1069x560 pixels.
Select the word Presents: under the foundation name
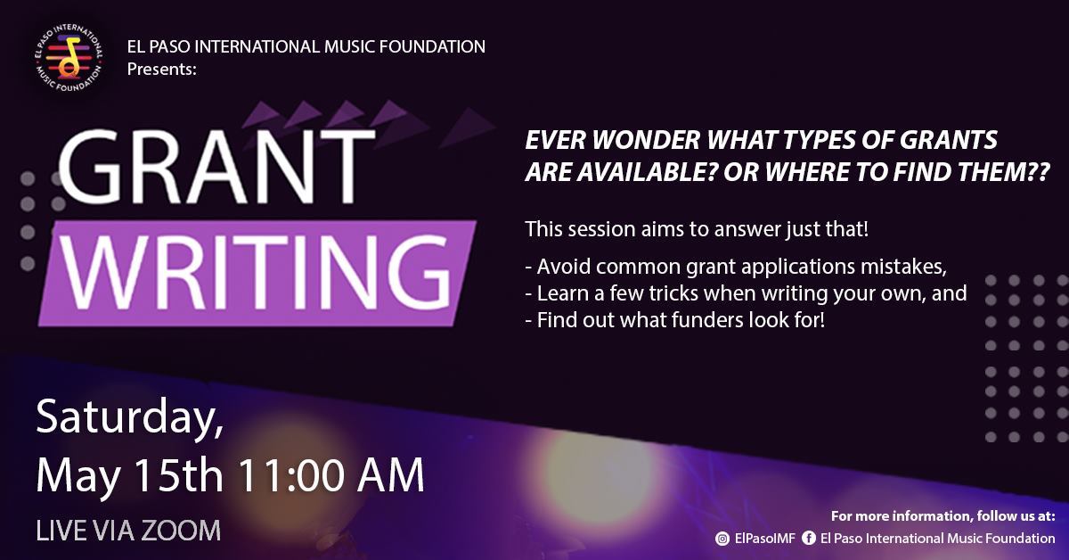pyautogui.click(x=161, y=68)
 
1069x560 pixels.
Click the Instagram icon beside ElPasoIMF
pyautogui.click(x=723, y=539)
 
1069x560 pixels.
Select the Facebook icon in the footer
pyautogui.click(x=809, y=539)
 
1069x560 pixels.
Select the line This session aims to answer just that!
pyautogui.click(x=697, y=229)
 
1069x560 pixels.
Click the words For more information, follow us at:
pyautogui.click(x=943, y=516)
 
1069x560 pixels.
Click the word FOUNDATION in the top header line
pyautogui.click(x=429, y=46)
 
